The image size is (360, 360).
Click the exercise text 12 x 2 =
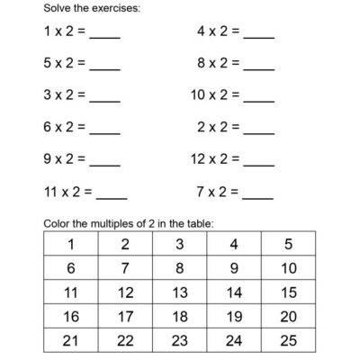point(214,159)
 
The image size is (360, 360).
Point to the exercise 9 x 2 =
point(64,159)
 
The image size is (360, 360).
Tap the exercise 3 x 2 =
point(64,94)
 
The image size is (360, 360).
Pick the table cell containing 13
point(180,292)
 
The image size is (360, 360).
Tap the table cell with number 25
point(288,341)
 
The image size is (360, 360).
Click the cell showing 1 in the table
point(70,244)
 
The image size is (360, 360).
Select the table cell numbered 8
point(180,268)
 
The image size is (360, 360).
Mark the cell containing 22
point(125,341)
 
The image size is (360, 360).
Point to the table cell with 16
point(70,317)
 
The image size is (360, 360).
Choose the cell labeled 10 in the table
point(288,268)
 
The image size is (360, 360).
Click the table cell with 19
point(234,317)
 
